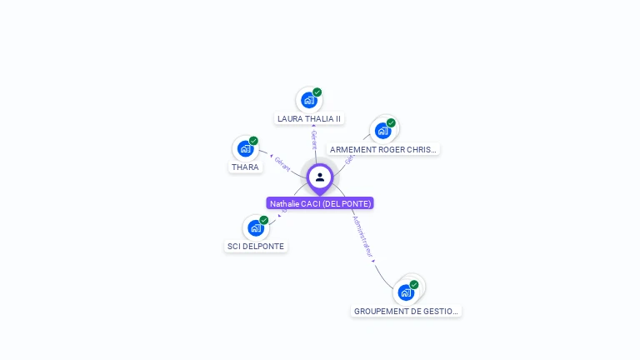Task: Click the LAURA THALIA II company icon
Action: [309, 101]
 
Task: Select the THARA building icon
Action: [245, 149]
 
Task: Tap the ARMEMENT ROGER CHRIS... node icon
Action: [382, 131]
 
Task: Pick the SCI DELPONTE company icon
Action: [256, 228]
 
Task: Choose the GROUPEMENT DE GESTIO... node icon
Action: [406, 292]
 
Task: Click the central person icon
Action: [320, 177]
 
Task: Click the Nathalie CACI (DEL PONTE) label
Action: [320, 203]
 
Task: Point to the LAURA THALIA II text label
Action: [309, 119]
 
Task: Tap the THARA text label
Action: [245, 167]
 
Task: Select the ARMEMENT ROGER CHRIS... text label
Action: [382, 150]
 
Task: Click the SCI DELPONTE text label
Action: [256, 247]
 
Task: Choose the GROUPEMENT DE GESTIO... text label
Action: [406, 311]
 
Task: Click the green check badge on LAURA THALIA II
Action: [317, 92]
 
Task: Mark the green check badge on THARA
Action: [253, 141]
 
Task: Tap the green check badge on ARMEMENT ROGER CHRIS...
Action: [391, 122]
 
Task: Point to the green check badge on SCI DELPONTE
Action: [264, 220]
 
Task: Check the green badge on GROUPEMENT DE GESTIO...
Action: [414, 284]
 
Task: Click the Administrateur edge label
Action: [363, 237]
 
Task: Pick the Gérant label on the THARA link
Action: [282, 164]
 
